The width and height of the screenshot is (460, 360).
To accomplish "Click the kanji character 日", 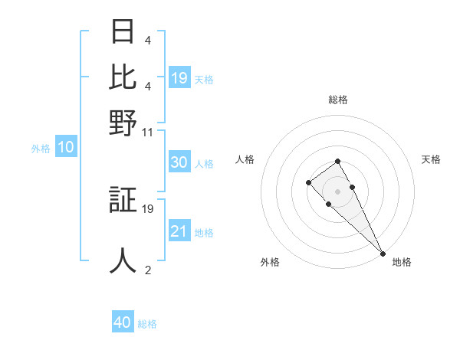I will [123, 31].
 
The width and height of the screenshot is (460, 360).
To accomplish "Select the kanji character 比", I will [123, 77].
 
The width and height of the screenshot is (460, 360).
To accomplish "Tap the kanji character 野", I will [123, 123].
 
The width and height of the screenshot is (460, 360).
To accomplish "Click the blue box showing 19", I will [179, 77].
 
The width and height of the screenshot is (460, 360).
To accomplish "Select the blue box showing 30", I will [179, 162].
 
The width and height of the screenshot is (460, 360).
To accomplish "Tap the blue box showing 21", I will [179, 231].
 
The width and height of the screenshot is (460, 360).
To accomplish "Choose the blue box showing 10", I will [66, 148].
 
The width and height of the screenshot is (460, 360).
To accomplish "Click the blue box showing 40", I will [123, 322].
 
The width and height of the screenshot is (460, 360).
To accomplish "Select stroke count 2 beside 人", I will [148, 270].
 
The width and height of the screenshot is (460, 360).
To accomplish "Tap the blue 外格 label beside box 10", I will [41, 149].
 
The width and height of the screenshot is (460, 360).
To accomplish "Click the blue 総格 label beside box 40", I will [147, 324].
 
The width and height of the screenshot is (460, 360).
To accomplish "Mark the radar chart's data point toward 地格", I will [383, 254].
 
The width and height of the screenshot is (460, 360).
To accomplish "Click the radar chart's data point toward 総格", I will [337, 161].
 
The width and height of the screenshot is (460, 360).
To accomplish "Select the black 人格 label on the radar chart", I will [245, 159].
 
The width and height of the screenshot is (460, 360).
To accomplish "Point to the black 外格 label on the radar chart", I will [270, 262].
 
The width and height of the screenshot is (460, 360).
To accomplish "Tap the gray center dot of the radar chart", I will [337, 191].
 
